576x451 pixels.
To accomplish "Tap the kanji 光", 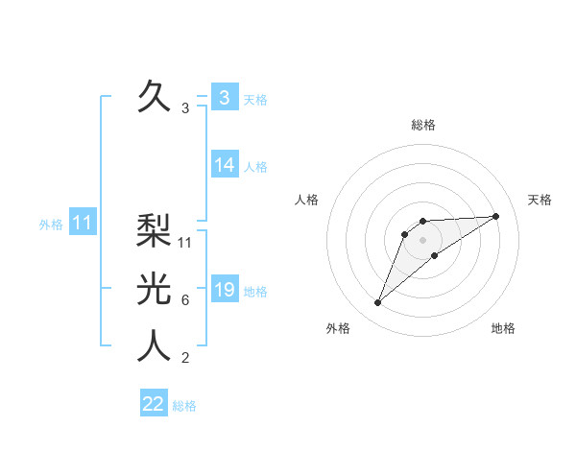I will coord(154,289).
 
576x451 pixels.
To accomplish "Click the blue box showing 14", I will coord(225,165).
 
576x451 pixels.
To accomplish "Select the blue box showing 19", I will coord(225,290).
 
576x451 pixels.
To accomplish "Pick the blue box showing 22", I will coord(154,404).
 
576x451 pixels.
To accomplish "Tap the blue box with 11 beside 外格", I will coord(82,224).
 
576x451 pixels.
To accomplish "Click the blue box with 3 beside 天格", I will coord(225,98).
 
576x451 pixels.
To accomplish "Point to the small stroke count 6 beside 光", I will coord(185,300).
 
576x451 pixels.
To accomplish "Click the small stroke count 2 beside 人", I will coord(185,359).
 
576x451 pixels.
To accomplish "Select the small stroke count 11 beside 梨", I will coord(186,243).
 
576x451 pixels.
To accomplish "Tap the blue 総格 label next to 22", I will coord(184,406).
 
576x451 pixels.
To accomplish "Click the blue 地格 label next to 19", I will coord(256,292).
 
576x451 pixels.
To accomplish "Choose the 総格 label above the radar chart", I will coord(423,126).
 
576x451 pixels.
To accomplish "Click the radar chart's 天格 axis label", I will coord(540,200).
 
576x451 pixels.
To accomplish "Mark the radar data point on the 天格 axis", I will coord(495,216).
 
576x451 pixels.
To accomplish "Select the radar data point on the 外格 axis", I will coord(378,303).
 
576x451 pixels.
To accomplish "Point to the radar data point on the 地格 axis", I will coord(435,254).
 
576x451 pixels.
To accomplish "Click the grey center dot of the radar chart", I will coord(423,239).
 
